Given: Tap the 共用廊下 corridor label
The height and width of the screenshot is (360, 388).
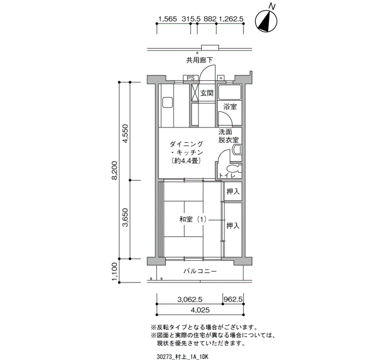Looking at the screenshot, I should pos(200,60).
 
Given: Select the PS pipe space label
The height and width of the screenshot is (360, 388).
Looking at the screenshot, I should pos(190,78).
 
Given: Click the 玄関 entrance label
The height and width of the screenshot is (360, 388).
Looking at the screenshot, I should pos(207,93).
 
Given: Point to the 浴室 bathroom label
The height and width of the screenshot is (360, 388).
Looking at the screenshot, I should pos(229,106).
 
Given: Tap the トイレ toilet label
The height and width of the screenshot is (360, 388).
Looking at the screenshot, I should pos(228,176).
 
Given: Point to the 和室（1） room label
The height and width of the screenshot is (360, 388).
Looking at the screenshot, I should pos(193,219).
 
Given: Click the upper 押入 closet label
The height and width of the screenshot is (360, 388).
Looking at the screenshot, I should pos(233,192).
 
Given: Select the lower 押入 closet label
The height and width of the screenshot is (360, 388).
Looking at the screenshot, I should pos(233,225).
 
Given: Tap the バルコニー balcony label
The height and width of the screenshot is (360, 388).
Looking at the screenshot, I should pos(200,271).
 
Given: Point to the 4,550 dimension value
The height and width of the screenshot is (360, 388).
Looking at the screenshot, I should pos(126,133).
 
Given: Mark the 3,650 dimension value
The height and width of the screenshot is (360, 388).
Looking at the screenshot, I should pos(126,219).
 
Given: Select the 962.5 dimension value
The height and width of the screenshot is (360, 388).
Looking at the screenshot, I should pos(233,299).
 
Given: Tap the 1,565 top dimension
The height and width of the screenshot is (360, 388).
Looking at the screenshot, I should pos(167,19).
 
